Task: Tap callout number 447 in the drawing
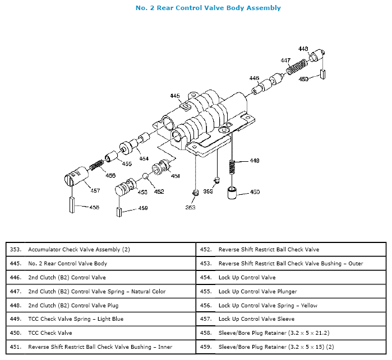[x=285, y=60]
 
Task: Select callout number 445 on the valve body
[x=174, y=96]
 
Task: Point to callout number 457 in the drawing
[x=95, y=190]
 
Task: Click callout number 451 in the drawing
[x=175, y=176]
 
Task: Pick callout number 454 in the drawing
[x=144, y=158]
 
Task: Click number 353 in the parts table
[x=16, y=249]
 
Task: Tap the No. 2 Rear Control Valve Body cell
[x=67, y=263]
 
